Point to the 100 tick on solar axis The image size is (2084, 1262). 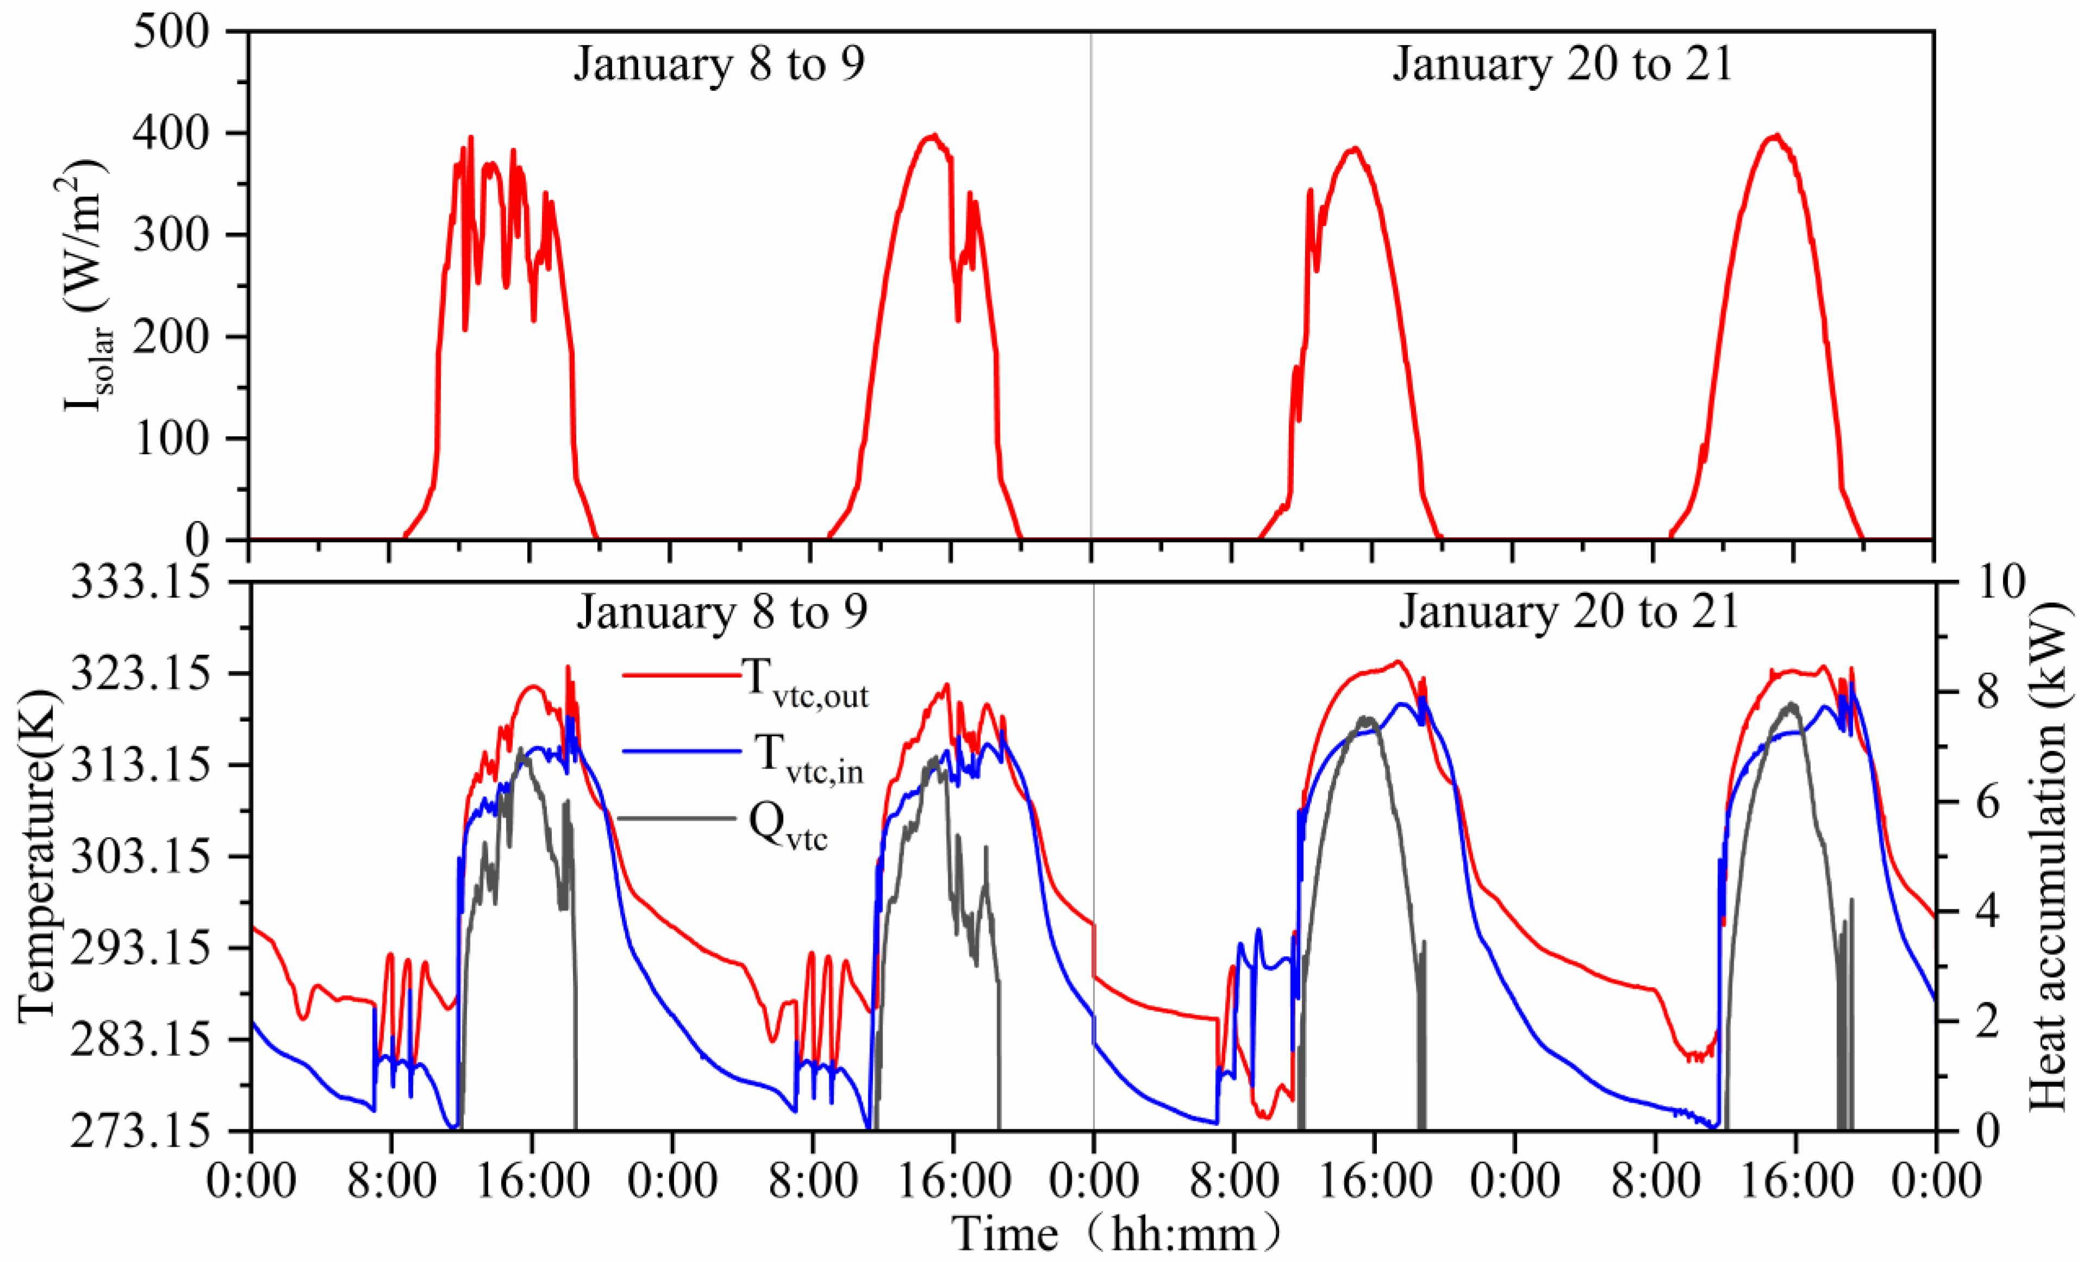pos(171,439)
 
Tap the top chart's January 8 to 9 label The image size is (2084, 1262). pos(719,64)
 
